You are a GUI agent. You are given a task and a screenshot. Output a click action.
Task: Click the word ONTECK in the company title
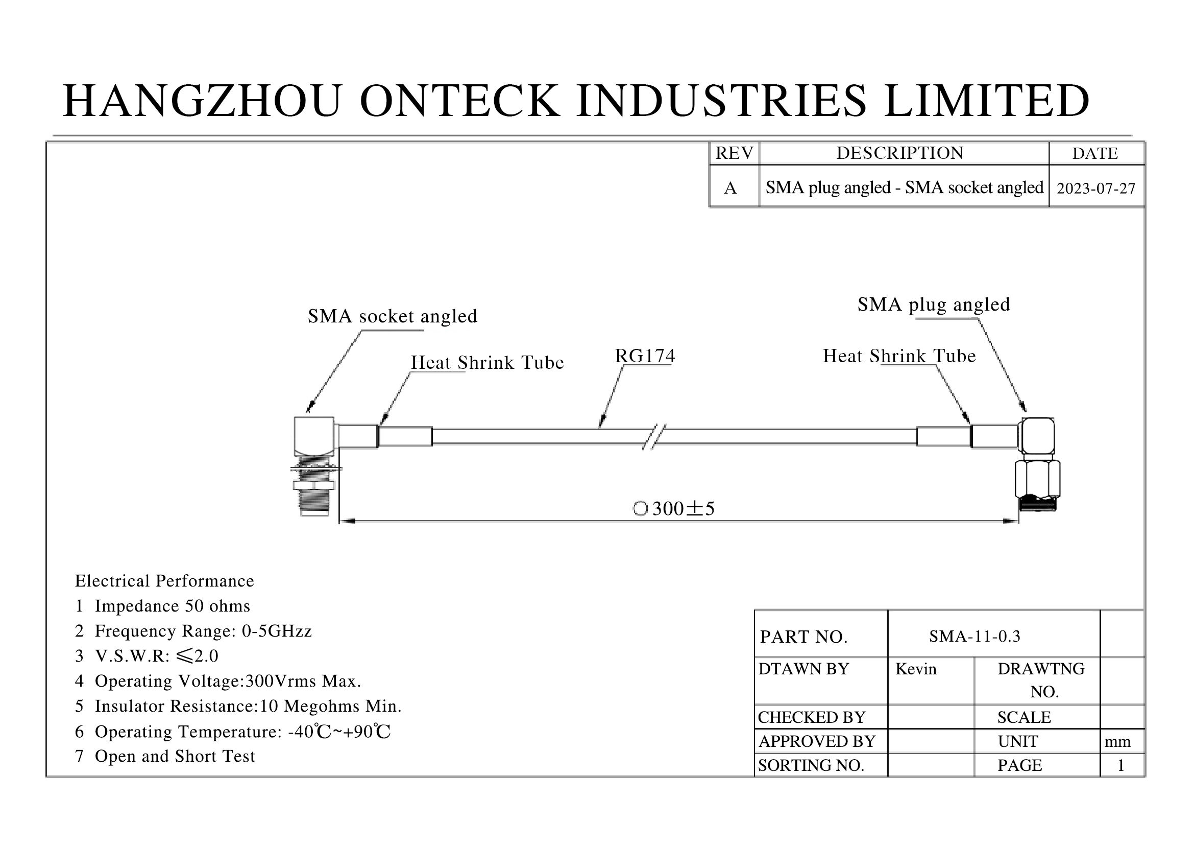(x=460, y=101)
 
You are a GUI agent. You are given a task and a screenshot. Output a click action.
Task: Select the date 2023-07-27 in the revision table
(x=1095, y=188)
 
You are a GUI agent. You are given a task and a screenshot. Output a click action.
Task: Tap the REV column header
(x=734, y=153)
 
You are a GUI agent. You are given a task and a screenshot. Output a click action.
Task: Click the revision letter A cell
(x=730, y=188)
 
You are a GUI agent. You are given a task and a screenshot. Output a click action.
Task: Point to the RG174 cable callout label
(x=645, y=356)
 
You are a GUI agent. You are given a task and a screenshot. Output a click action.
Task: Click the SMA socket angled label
(x=392, y=316)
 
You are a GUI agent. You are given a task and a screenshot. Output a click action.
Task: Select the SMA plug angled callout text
(x=934, y=304)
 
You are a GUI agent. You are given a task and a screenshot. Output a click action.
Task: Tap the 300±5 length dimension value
(x=683, y=509)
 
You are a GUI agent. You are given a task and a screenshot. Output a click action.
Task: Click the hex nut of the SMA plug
(x=1037, y=479)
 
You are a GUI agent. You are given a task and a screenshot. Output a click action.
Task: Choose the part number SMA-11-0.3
(x=974, y=636)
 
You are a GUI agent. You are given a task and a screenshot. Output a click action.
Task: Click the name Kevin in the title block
(x=916, y=669)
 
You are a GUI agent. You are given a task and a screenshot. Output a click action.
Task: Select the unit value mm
(x=1117, y=741)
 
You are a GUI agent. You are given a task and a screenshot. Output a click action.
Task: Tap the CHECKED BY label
(x=811, y=717)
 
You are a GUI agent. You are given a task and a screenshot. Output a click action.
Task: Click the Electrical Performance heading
(x=164, y=581)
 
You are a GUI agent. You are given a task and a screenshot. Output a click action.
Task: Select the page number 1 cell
(x=1120, y=765)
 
